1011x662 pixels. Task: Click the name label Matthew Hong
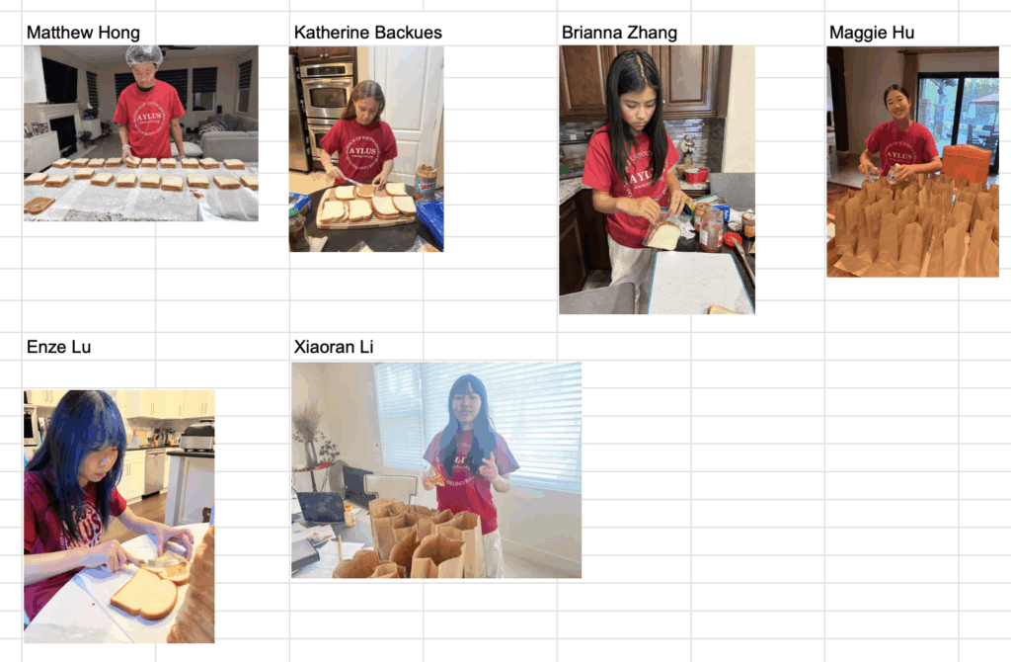(83, 33)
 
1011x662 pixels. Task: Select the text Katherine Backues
(367, 33)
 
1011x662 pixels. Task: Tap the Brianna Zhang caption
(619, 33)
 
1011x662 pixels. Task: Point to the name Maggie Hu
(872, 33)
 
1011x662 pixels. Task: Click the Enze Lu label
(58, 347)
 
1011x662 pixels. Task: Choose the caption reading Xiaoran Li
(334, 347)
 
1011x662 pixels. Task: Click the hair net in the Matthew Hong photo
(143, 55)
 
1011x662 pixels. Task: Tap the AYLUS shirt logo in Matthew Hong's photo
(150, 119)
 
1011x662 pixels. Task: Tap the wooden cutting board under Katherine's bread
(365, 212)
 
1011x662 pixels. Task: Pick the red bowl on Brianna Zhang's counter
(696, 175)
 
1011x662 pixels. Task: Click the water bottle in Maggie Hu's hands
(893, 174)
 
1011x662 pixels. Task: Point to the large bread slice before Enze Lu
(144, 594)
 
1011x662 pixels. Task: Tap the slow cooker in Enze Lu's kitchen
(197, 437)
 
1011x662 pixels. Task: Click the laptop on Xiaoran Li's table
(321, 507)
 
